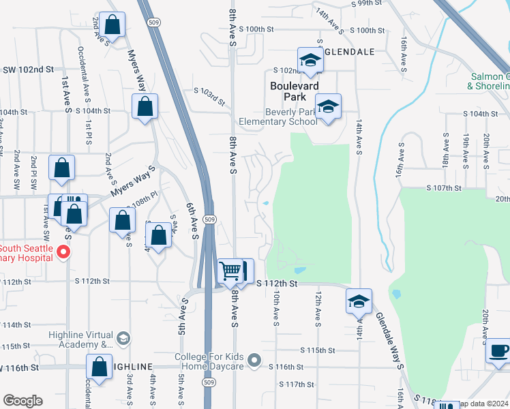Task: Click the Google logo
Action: [22, 401]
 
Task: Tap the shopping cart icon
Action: [230, 271]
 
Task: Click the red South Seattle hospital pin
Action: [63, 253]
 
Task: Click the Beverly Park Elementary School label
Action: [278, 117]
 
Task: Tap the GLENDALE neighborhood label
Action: [349, 52]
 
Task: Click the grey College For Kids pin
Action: [254, 359]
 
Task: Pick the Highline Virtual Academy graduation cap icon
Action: [123, 338]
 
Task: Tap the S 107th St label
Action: [444, 187]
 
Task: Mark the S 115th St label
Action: [316, 350]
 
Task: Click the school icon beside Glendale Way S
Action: [359, 300]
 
